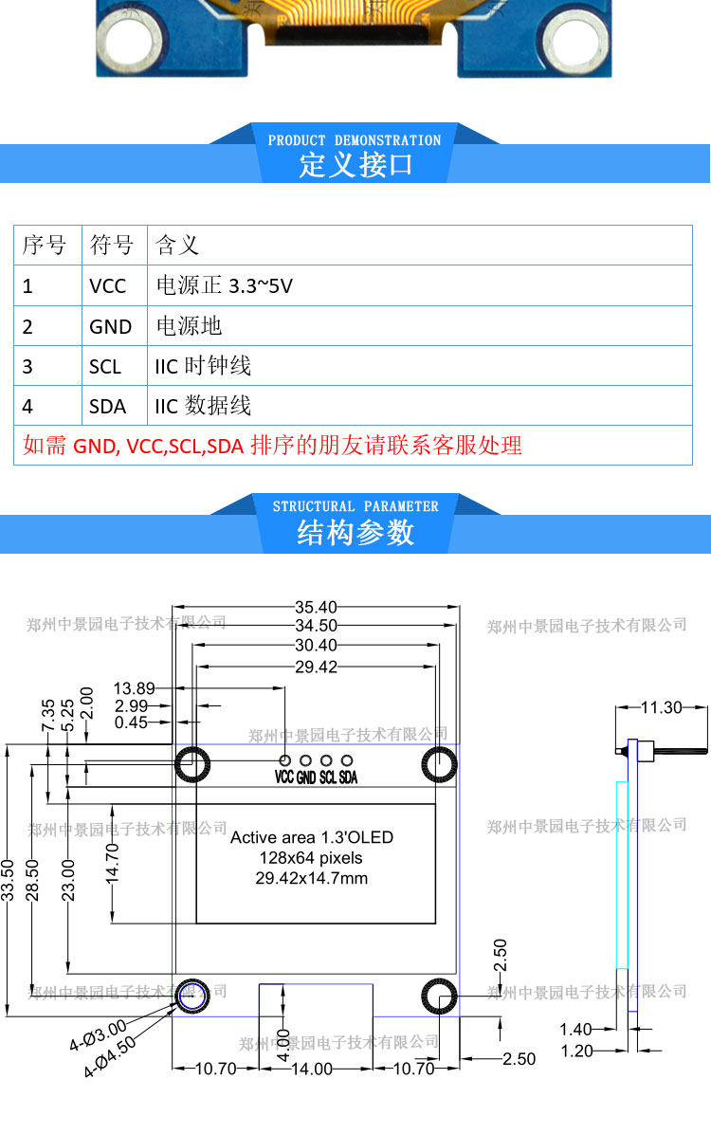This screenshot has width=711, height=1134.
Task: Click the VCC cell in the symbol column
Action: point(108,285)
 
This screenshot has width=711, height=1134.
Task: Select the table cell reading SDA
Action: point(108,406)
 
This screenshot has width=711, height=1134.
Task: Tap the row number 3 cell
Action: point(27,366)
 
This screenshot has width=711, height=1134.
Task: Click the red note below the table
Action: point(272,446)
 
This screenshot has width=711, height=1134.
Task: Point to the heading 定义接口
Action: point(355,165)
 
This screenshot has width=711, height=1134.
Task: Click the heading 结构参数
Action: point(355,533)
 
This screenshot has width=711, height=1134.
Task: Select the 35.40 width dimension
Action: point(316,607)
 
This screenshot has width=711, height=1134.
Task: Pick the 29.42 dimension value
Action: point(316,667)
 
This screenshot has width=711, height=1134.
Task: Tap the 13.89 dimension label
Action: point(134,688)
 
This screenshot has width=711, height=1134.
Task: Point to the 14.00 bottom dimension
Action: point(311,1069)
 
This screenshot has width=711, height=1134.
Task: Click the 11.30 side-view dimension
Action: point(661,706)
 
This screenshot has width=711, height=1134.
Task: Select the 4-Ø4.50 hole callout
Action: point(110,1059)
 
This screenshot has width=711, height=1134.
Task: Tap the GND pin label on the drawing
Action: point(306,777)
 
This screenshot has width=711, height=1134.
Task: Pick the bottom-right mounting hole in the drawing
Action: point(440,996)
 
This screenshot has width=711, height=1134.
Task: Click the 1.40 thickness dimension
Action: point(575,1030)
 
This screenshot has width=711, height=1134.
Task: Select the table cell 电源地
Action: point(189,326)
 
